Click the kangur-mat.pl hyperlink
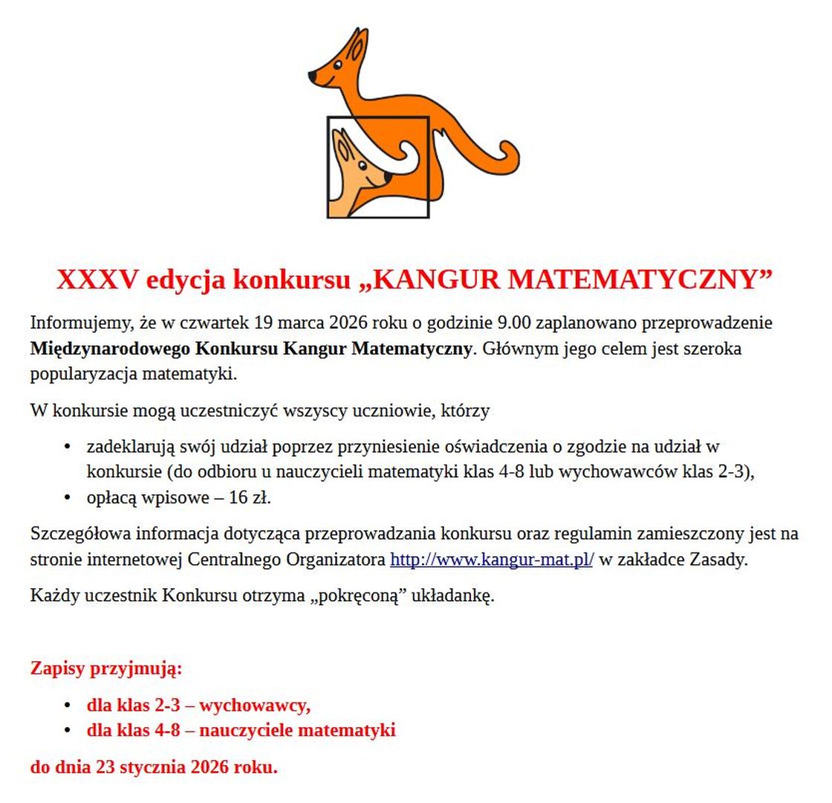point(491,560)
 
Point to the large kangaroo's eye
point(337,65)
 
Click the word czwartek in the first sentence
point(214,323)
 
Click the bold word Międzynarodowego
point(111,349)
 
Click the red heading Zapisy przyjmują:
point(106,668)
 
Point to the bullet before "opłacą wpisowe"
point(68,498)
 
